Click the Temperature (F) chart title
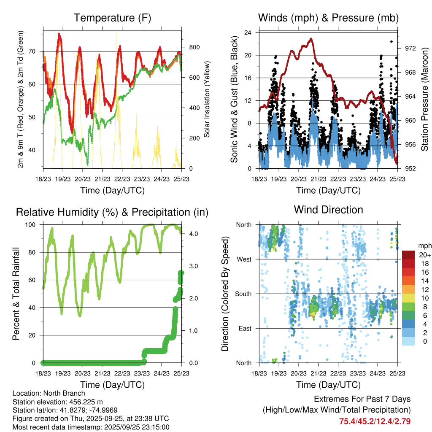coord(112,18)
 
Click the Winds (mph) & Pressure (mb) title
coord(328,18)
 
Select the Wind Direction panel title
coord(328,210)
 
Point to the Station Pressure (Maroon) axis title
coord(424,100)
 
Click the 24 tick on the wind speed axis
coord(248,32)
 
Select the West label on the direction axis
coord(244,259)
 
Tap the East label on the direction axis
coord(245,328)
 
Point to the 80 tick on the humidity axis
coord(35,252)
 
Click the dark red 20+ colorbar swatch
coord(408,255)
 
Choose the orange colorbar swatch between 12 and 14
coord(408,285)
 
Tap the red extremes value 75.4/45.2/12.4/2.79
coord(375,421)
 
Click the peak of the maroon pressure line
coord(311,39)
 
